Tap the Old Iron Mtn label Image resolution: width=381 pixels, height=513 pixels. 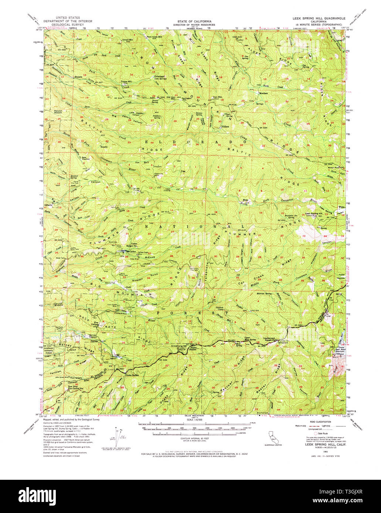point(171,97)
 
